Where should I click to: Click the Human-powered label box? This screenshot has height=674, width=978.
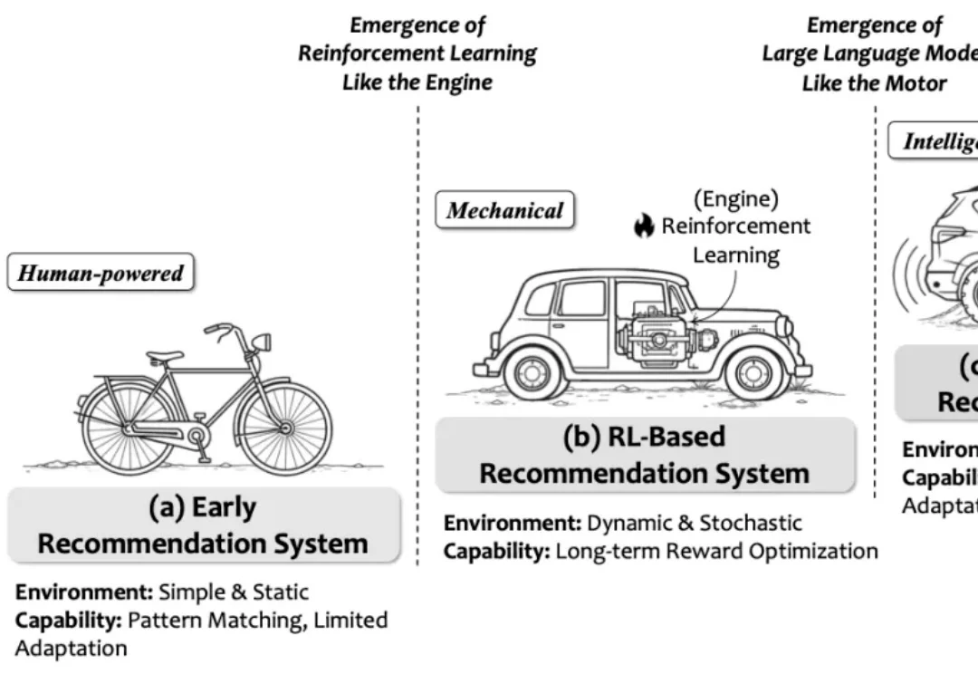(101, 274)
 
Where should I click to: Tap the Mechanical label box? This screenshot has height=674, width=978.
(505, 211)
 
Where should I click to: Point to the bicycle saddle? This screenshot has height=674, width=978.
(165, 357)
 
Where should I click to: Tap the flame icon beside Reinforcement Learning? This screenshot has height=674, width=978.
(644, 226)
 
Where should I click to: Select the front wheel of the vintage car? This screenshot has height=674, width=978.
(753, 372)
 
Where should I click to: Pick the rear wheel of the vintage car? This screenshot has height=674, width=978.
(532, 372)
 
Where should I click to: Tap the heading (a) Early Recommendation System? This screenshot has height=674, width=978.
(203, 525)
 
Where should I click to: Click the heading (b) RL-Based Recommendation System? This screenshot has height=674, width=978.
(644, 455)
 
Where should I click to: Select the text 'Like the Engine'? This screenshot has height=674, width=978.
(417, 82)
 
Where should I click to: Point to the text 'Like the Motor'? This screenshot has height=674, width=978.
(874, 83)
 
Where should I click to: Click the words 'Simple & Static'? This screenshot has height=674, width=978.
(234, 592)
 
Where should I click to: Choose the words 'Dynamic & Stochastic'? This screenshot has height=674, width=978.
(695, 523)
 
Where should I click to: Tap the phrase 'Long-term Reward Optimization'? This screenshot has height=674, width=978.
(716, 551)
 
